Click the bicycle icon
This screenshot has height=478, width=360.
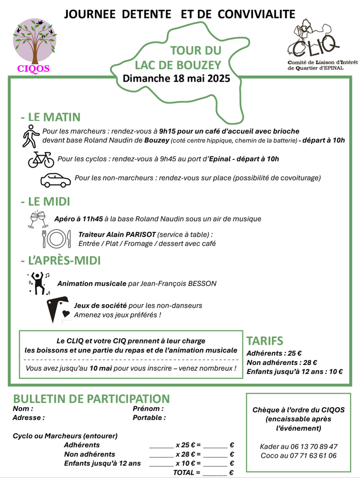(40, 159)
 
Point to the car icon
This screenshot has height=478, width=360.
(56, 180)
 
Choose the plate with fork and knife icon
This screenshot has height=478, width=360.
(57, 239)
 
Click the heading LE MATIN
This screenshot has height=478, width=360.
(51, 117)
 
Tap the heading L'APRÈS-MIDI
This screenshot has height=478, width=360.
(60, 261)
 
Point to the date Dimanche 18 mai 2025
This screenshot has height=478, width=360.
(176, 78)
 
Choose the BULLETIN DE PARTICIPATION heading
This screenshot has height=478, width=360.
(91, 399)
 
